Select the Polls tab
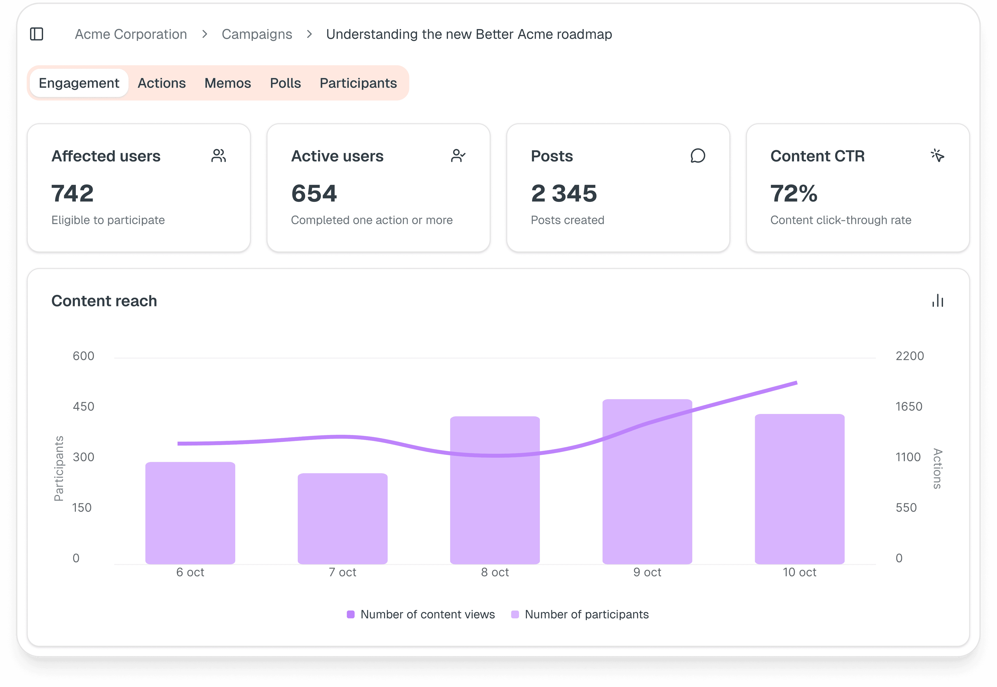(285, 83)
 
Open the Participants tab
(358, 83)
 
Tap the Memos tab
(228, 83)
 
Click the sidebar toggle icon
(37, 34)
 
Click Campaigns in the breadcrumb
(257, 34)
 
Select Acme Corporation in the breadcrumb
(131, 34)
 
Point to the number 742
(72, 193)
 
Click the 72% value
(793, 193)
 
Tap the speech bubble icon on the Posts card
(698, 156)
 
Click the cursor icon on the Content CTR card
(937, 155)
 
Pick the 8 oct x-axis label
(495, 572)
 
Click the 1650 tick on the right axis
(909, 406)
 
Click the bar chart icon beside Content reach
(938, 301)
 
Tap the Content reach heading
(104, 301)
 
